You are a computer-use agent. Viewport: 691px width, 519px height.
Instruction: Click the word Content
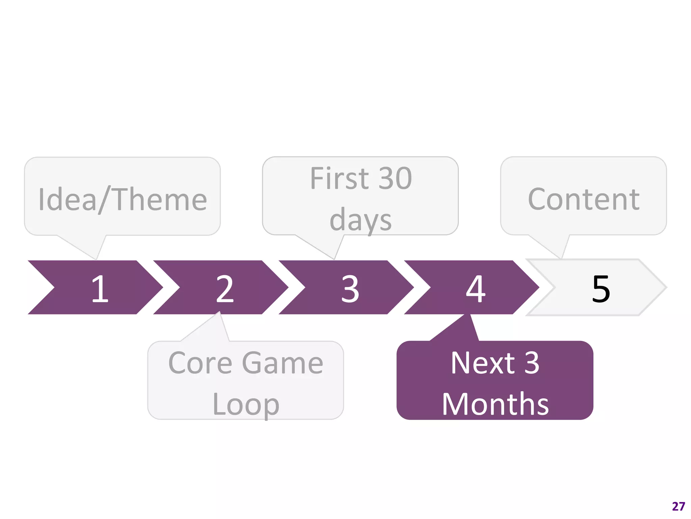584,199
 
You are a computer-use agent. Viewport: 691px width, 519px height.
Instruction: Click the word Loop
246,404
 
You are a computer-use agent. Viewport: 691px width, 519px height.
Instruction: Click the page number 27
679,506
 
